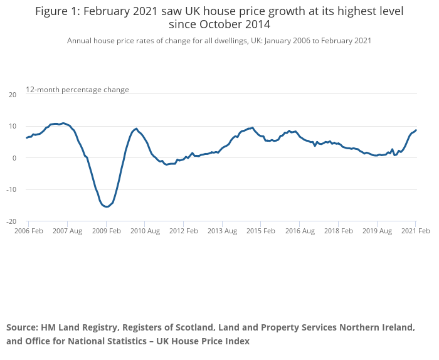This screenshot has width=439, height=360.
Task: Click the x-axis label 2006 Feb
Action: click(28, 231)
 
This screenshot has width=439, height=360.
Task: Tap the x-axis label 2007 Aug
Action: click(67, 231)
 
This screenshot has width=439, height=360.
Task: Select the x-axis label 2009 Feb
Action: click(106, 231)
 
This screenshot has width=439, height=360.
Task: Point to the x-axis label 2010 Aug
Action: click(144, 231)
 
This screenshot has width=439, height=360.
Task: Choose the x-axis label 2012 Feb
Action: click(183, 231)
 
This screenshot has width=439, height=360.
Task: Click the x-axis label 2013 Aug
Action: click(222, 231)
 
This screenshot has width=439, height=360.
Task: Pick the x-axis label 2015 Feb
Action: click(261, 231)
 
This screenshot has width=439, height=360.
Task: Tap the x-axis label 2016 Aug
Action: click(300, 231)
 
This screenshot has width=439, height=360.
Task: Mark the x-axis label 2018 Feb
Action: click(338, 231)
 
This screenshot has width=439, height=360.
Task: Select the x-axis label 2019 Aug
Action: click(377, 231)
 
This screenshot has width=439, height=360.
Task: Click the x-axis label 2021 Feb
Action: click(415, 231)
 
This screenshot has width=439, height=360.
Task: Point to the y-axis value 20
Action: click(13, 95)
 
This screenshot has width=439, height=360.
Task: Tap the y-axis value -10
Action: click(11, 189)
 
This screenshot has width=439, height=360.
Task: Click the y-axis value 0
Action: click(14, 158)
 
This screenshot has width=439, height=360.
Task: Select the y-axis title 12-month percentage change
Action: click(77, 90)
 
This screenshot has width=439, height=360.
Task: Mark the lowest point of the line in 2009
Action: click(107, 206)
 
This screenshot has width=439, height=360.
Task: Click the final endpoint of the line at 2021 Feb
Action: click(416, 130)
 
